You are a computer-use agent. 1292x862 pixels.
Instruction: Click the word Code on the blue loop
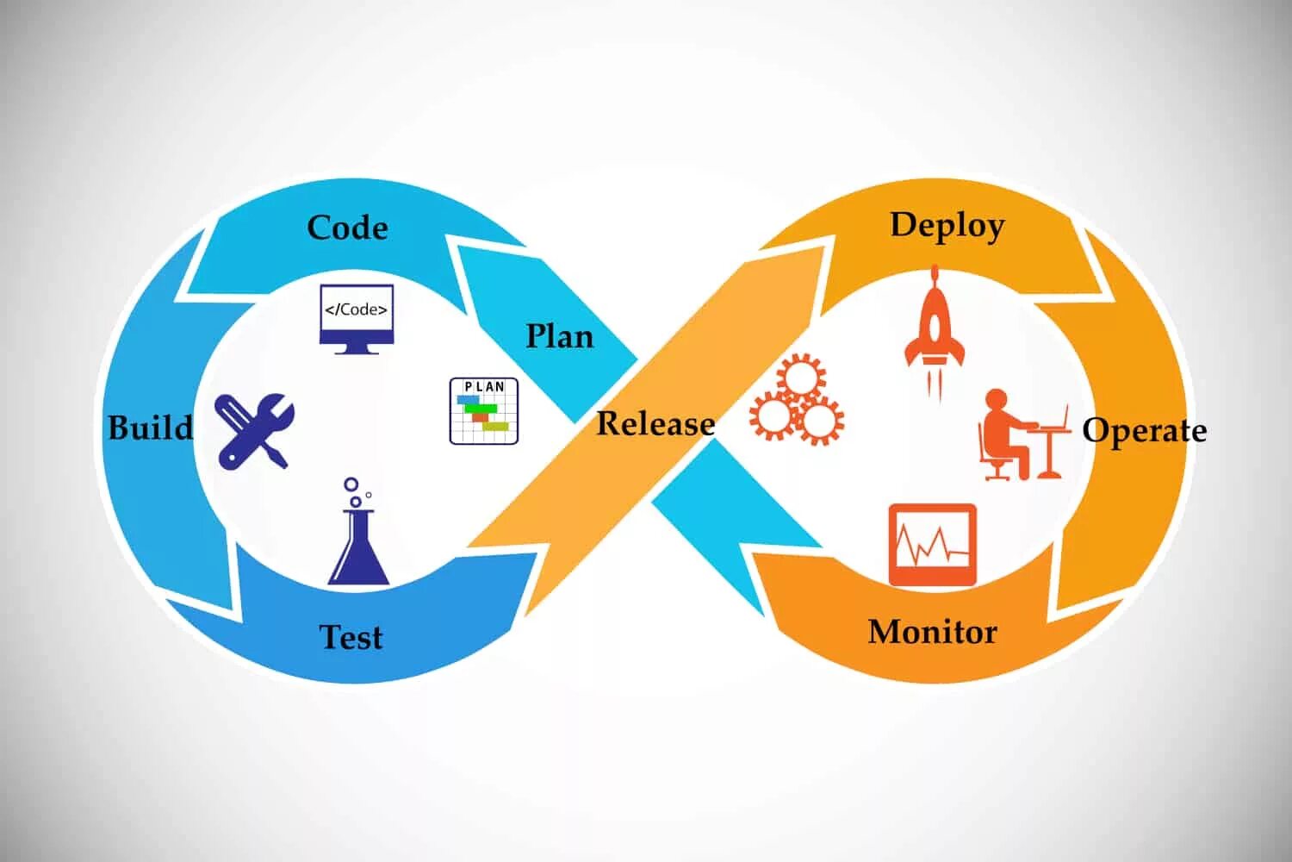pos(347,228)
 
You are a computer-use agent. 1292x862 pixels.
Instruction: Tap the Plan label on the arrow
pos(560,336)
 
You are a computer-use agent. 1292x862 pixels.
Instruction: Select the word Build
pos(150,428)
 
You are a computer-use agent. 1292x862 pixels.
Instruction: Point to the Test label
pos(351,637)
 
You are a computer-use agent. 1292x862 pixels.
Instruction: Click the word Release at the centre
pos(655,423)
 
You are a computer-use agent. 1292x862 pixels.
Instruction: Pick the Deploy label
pos(947,225)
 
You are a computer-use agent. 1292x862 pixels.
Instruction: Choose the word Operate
pos(1144,430)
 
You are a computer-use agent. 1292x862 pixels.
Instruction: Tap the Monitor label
pos(932,632)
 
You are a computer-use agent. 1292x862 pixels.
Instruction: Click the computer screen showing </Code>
pos(356,317)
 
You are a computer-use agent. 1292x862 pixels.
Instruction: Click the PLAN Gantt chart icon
pos(484,411)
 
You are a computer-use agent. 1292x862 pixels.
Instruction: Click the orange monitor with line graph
pos(932,544)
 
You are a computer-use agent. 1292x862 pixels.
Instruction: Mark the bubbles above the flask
pos(354,492)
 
